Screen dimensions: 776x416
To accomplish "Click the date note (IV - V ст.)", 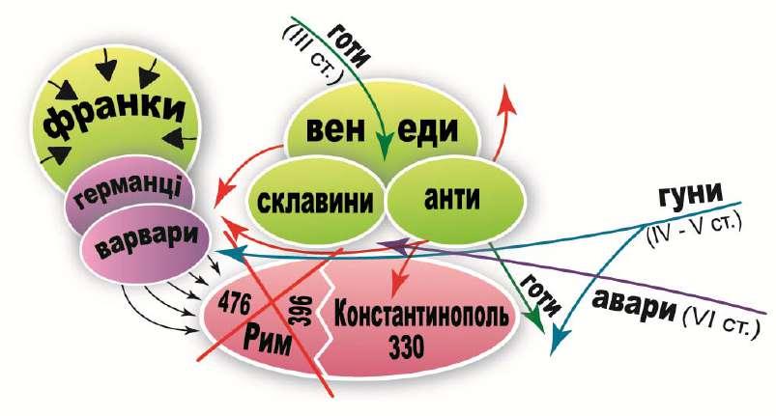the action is tap(694, 228).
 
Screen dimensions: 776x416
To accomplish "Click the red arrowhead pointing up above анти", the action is tap(503, 92).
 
